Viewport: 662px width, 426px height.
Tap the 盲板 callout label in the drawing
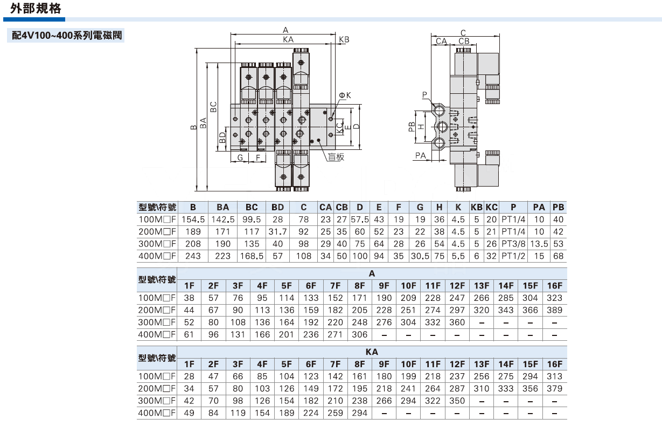[336, 157]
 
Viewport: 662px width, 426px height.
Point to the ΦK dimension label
[345, 95]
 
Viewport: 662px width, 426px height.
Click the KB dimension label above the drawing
[344, 40]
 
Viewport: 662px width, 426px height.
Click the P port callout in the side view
[424, 95]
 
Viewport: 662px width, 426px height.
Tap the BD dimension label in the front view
[222, 138]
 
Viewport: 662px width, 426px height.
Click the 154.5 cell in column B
[193, 220]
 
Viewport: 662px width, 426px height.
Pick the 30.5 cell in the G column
[420, 256]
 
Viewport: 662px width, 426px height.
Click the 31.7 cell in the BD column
[277, 232]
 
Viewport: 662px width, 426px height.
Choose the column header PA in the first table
[539, 208]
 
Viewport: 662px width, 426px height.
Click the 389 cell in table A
[554, 310]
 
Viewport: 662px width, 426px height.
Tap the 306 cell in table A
[359, 334]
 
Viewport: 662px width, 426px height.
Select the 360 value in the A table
[457, 322]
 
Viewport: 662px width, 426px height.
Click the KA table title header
[371, 352]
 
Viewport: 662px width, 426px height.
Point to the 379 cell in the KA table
[554, 389]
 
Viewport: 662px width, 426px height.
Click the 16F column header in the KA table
[554, 364]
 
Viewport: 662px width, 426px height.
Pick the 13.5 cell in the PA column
[539, 244]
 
